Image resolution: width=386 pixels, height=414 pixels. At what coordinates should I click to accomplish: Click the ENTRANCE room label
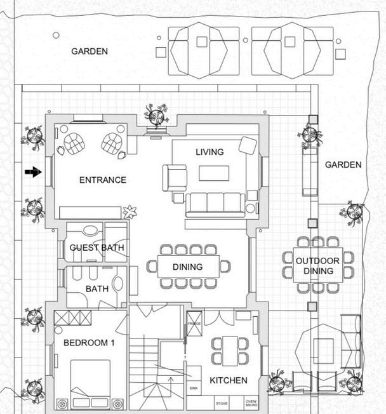[x=102, y=180]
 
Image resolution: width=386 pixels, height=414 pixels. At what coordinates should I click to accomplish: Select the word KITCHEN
[x=228, y=380]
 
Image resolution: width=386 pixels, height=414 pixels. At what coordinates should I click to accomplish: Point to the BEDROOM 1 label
[x=89, y=343]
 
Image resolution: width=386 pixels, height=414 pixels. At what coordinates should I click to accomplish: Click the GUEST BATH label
[x=96, y=248]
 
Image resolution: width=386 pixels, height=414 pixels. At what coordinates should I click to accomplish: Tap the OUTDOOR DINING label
[x=318, y=266]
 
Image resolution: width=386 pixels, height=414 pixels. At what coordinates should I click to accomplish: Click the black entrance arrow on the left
[x=33, y=171]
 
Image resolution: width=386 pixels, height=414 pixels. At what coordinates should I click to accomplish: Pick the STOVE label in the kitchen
[x=222, y=403]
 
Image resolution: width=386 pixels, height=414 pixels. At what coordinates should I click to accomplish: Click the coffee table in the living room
[x=213, y=173]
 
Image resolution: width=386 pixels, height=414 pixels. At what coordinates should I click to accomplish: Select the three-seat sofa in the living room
[x=215, y=203]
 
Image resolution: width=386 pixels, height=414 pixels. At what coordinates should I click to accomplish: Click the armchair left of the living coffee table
[x=175, y=177]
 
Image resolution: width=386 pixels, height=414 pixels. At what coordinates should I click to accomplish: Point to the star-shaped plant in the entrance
[x=131, y=211]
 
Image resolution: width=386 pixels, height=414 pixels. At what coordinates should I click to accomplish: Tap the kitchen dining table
[x=229, y=351]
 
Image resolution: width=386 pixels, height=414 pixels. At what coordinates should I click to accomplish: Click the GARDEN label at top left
[x=89, y=51]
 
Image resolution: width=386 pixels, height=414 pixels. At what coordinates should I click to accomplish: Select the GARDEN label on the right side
[x=343, y=164]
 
